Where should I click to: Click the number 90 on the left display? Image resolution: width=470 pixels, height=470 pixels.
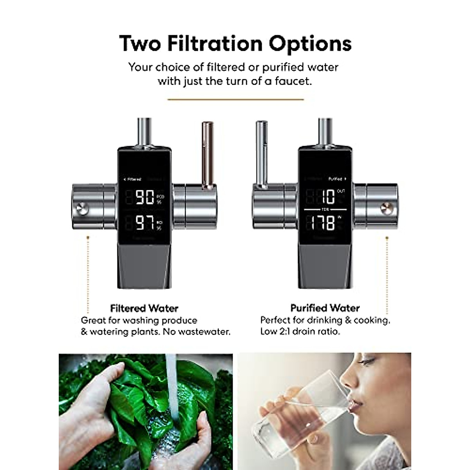pyautogui.click(x=144, y=197)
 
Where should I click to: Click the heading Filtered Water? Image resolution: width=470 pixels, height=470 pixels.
pyautogui.click(x=144, y=308)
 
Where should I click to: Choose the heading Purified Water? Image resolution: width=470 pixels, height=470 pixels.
pyautogui.click(x=325, y=308)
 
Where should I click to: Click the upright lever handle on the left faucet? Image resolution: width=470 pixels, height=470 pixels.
pyautogui.click(x=207, y=153)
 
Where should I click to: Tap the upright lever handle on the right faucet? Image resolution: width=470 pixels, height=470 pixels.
pyautogui.click(x=261, y=153)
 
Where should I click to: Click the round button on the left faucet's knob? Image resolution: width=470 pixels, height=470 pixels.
pyautogui.click(x=83, y=208)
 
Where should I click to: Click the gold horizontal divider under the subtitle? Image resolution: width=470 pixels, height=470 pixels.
pyautogui.click(x=235, y=99)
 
